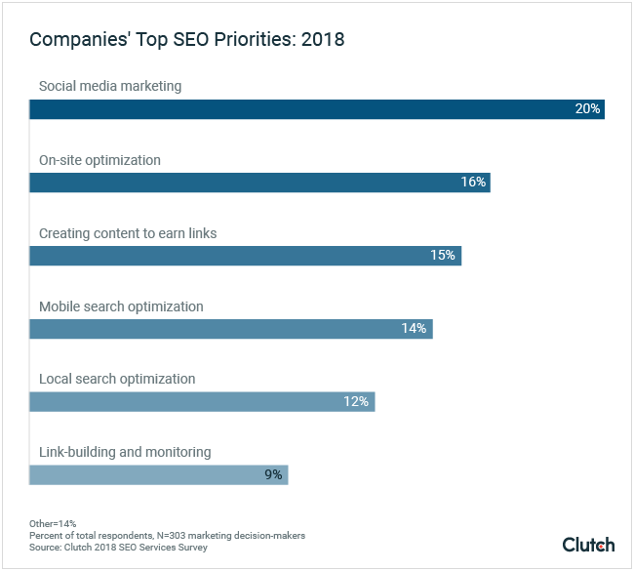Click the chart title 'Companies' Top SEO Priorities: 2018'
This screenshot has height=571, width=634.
[x=186, y=40]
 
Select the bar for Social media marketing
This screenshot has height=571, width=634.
[x=317, y=108]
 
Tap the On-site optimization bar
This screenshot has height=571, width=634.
[x=259, y=183]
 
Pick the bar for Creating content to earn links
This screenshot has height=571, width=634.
[x=245, y=256]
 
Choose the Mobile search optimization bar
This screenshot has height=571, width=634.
[x=230, y=329]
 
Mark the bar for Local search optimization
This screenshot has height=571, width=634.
[x=202, y=401]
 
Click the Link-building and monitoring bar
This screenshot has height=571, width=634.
[x=158, y=475]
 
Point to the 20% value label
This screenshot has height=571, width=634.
[x=587, y=108]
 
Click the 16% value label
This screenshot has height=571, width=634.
[x=473, y=183]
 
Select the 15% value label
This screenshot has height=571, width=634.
[x=444, y=256]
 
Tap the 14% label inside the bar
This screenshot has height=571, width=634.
[x=415, y=329]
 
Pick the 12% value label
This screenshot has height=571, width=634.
[x=357, y=401]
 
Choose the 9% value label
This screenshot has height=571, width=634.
[x=272, y=475]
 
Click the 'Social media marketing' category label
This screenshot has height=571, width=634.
[x=110, y=86]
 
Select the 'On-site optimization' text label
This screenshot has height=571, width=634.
[x=99, y=160]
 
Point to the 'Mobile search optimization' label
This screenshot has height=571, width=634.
[x=121, y=306]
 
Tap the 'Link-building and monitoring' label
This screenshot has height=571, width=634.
[x=125, y=452]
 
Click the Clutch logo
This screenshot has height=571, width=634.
[x=588, y=544]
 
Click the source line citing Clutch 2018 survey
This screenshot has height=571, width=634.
[x=118, y=547]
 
